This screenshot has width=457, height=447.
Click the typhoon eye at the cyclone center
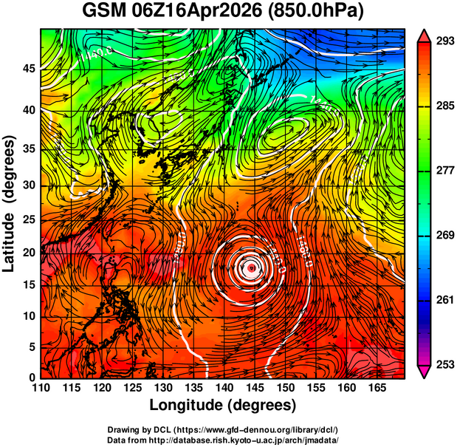[252, 268]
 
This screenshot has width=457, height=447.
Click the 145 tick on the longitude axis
[253, 388]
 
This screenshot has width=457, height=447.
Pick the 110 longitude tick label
[41, 388]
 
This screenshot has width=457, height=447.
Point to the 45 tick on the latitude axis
[27, 68]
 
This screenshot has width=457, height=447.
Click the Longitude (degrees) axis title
[223, 405]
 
